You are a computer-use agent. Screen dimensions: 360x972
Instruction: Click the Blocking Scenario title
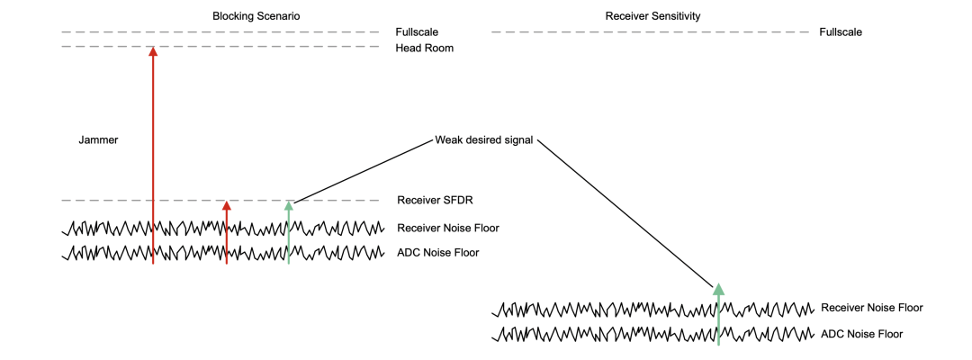(256, 16)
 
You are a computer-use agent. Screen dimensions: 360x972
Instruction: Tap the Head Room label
(424, 48)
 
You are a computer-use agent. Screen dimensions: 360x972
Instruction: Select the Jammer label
(98, 140)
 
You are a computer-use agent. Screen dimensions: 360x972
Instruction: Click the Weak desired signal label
(483, 140)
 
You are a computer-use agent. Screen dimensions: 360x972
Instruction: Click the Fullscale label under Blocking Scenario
(417, 32)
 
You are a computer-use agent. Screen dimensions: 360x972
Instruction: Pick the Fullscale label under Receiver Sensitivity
(841, 32)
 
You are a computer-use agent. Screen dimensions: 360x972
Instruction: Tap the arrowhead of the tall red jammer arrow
(153, 52)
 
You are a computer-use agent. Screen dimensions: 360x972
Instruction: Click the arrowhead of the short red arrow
(227, 206)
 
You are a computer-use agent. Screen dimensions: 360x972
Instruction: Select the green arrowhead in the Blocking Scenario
(289, 206)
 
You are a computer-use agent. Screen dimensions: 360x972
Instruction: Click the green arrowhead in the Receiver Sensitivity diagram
(718, 289)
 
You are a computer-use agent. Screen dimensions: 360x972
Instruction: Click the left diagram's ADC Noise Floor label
(437, 253)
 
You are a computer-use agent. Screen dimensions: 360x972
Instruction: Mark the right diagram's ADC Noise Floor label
(861, 334)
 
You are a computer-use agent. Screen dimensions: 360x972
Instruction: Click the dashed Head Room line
(270, 46)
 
